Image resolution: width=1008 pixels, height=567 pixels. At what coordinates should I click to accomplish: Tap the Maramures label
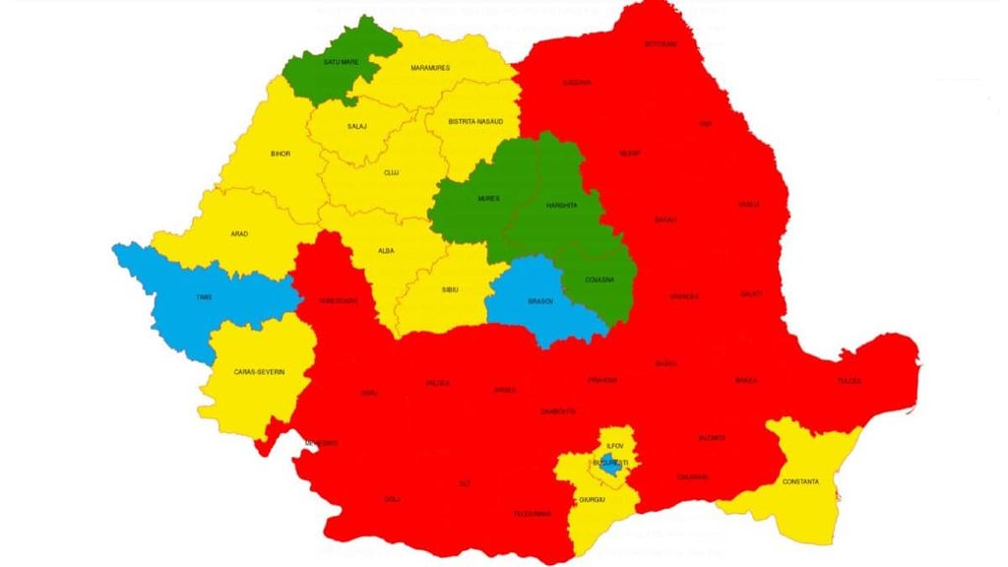click(430, 68)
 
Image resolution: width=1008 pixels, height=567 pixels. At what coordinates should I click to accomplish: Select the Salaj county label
click(356, 127)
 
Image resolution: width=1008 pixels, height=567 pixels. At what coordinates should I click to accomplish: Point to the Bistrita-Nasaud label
click(475, 122)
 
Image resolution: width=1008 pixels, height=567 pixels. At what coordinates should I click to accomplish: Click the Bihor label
click(281, 154)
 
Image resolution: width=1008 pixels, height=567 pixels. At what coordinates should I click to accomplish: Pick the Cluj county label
click(391, 172)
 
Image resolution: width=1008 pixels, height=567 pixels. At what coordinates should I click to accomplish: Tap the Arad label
click(239, 233)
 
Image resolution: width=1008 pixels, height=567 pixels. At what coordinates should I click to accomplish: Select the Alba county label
click(387, 251)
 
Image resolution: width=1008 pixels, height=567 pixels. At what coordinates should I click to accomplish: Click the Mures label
click(488, 199)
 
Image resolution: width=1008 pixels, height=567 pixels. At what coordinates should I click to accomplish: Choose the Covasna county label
click(601, 280)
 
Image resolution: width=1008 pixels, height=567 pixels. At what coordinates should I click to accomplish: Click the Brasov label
click(540, 302)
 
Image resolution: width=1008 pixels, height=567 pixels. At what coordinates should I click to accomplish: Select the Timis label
click(204, 296)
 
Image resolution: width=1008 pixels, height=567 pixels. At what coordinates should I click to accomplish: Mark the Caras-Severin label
click(259, 371)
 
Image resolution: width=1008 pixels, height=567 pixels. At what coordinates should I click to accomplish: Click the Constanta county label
click(799, 481)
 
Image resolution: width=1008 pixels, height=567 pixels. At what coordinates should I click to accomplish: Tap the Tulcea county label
click(849, 380)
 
